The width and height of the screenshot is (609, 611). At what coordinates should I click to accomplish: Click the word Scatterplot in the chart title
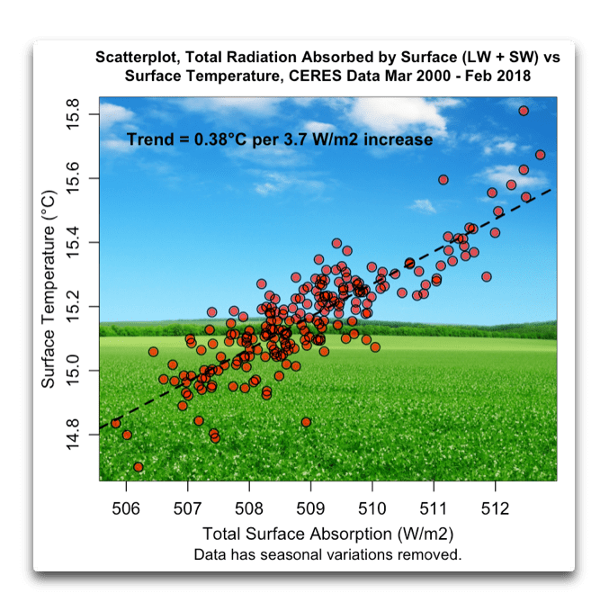pos(139,57)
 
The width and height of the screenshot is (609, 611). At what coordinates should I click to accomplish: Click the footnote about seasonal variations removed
pos(327,553)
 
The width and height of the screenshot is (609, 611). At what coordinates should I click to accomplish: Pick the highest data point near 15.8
pos(524,111)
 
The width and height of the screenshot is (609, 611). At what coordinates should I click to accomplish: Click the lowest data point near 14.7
pos(138,467)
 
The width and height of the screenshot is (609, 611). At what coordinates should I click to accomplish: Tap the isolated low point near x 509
pos(306,422)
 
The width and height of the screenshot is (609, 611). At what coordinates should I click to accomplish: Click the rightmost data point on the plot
pos(540,155)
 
